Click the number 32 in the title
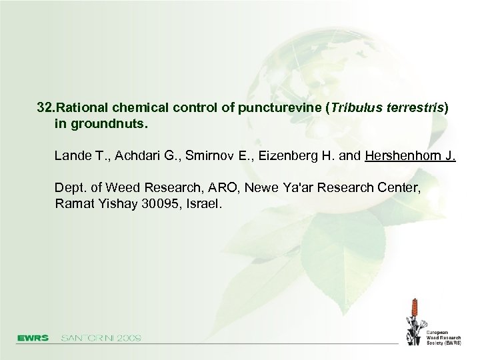pos(44,107)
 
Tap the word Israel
pos(203,204)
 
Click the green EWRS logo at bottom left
pos(33,338)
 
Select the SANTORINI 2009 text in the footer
pos(101,338)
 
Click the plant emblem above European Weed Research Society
pos(415,319)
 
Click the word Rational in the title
pos(83,107)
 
